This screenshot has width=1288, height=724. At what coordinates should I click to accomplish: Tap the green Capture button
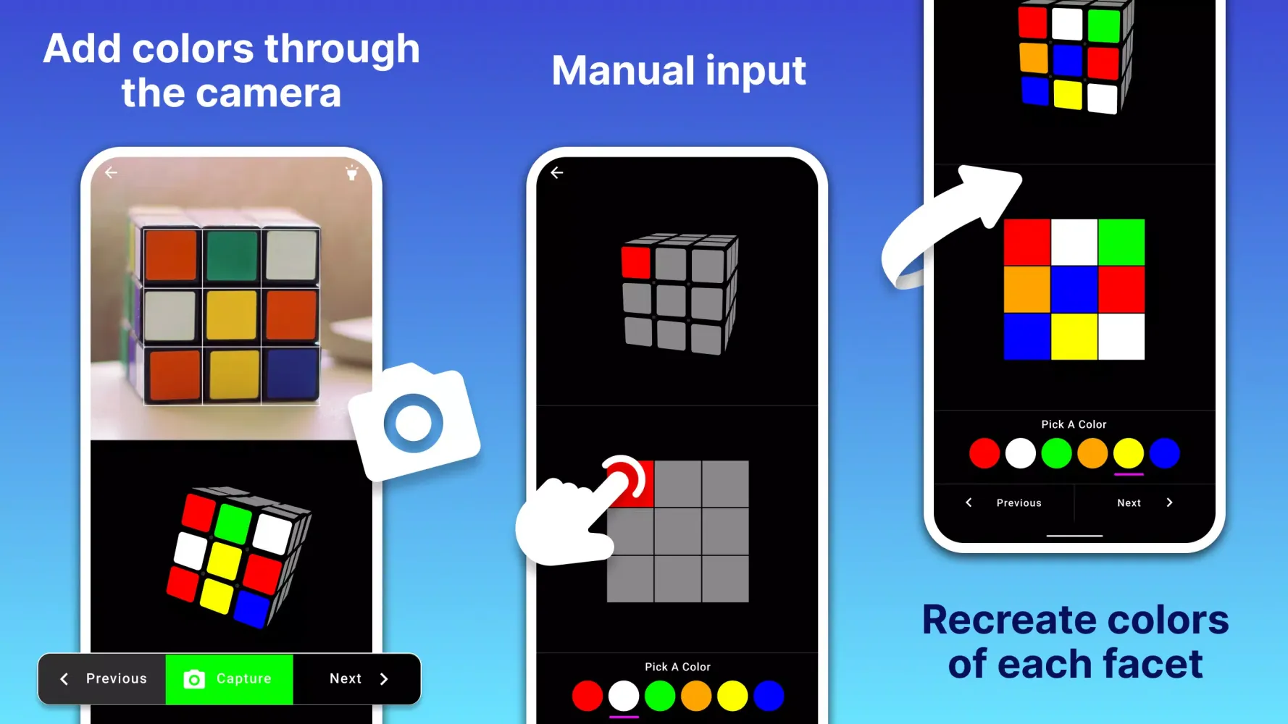(x=229, y=679)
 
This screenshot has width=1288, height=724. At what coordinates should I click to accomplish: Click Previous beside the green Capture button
(x=103, y=679)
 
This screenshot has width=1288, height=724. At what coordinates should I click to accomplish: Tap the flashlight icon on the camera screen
(x=351, y=172)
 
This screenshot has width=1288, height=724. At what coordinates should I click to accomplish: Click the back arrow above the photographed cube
(x=111, y=172)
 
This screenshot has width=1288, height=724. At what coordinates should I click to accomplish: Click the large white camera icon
(x=414, y=422)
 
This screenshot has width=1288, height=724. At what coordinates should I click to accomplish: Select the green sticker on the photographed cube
(x=232, y=256)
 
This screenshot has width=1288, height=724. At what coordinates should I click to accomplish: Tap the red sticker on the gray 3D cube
(x=636, y=262)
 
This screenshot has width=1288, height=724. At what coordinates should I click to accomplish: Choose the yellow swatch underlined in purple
(x=1128, y=454)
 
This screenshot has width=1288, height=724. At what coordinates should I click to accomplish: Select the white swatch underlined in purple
(x=624, y=696)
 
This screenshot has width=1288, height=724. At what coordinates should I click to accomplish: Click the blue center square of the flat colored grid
(x=1074, y=290)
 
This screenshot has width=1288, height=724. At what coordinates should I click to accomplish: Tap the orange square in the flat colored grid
(x=1027, y=290)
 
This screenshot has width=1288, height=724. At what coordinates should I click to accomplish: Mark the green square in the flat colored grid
(x=1121, y=243)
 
